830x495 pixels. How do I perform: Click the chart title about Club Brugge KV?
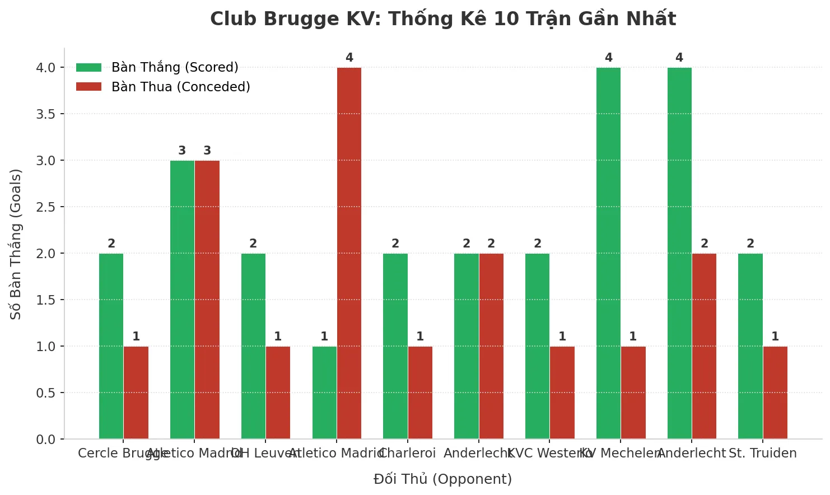click(442, 19)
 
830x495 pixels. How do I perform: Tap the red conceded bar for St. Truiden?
click(775, 393)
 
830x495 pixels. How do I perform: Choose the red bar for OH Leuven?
click(278, 393)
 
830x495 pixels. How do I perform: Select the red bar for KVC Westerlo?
click(562, 393)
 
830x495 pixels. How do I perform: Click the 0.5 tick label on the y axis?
click(46, 393)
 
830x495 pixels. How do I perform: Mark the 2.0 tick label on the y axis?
click(46, 254)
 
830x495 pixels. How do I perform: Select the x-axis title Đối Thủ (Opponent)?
click(442, 479)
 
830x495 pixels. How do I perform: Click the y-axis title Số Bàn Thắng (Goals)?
click(16, 244)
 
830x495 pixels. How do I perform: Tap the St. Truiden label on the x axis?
click(762, 454)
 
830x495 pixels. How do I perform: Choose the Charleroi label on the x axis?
click(407, 454)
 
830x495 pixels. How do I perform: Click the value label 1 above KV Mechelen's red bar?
click(633, 337)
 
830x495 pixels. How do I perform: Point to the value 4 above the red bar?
click(349, 58)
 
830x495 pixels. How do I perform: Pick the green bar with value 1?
click(324, 393)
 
